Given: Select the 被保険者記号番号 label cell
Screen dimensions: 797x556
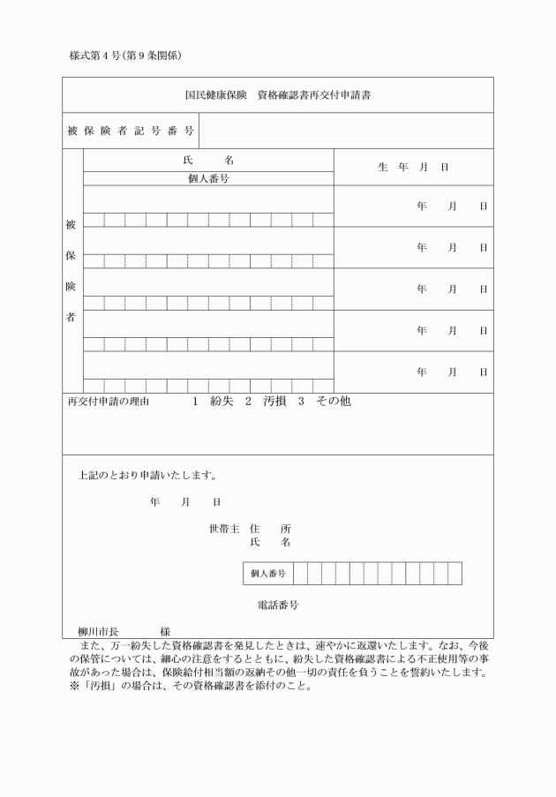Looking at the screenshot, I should pyautogui.click(x=130, y=132).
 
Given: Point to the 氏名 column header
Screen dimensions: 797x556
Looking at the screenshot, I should pyautogui.click(x=208, y=161).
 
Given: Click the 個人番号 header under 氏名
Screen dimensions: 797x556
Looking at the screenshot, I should pyautogui.click(x=208, y=178).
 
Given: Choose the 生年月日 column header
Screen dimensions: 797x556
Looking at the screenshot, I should pyautogui.click(x=413, y=167).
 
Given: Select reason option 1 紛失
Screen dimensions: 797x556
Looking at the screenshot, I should pyautogui.click(x=212, y=401).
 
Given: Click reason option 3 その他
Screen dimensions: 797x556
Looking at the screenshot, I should pyautogui.click(x=324, y=401).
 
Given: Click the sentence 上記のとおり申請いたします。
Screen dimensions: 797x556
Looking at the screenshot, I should pyautogui.click(x=147, y=476).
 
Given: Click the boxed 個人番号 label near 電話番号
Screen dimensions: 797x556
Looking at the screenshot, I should pyautogui.click(x=267, y=573).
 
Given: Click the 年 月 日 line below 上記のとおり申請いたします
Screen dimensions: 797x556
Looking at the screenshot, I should pyautogui.click(x=185, y=502).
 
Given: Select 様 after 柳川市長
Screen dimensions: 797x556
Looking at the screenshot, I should pyautogui.click(x=165, y=632).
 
